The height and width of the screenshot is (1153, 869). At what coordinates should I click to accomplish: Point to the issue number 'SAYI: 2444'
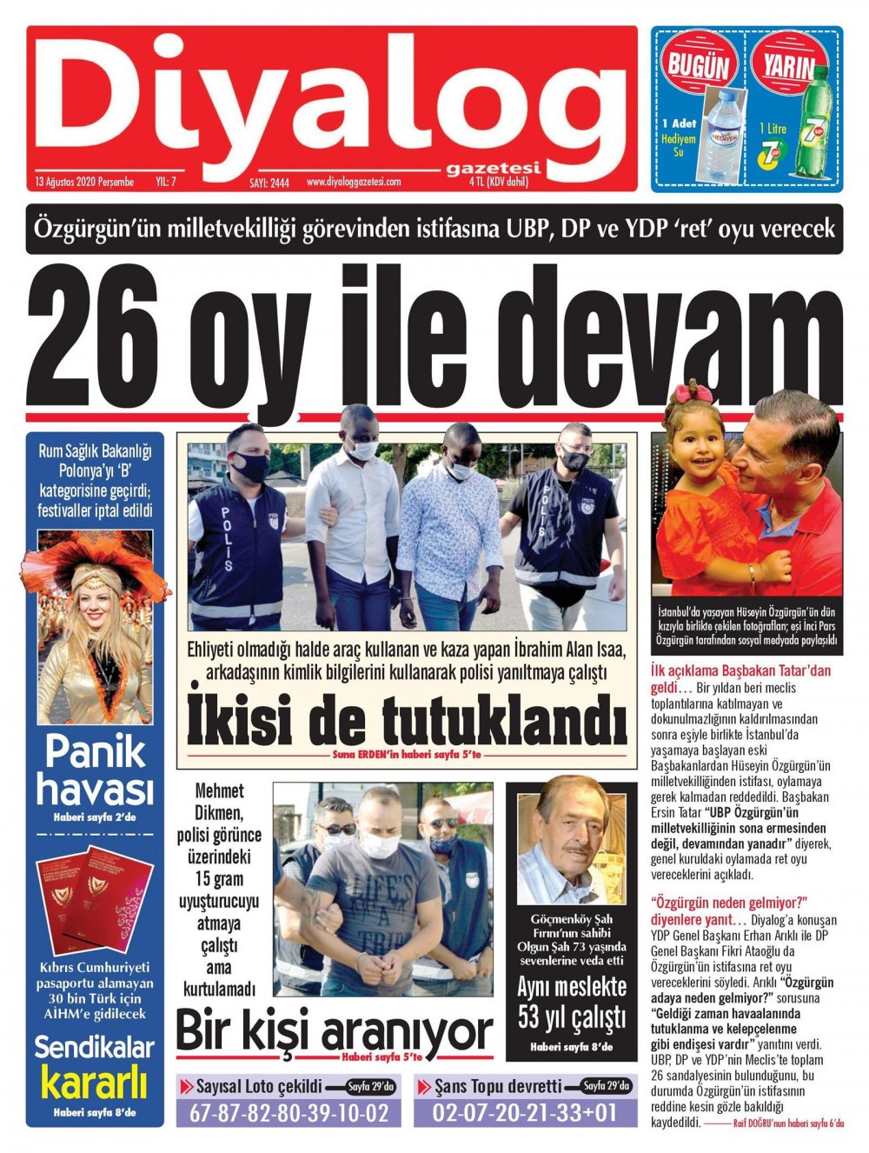pos(270,183)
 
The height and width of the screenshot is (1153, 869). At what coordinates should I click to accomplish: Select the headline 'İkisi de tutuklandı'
pos(406,719)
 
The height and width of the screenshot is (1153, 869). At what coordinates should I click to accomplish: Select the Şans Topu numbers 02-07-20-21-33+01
pos(525,1113)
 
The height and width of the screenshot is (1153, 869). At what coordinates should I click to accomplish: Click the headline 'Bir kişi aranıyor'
pos(334,1034)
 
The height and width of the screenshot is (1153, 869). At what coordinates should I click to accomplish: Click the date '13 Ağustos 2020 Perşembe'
pos(84,182)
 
